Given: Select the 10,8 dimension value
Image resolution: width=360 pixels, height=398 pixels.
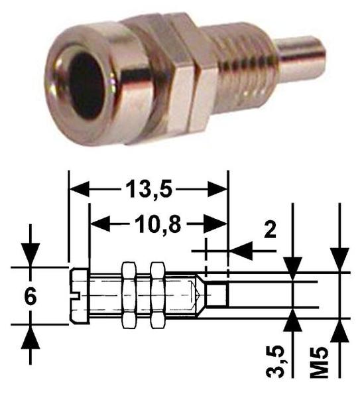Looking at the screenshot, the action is [x=158, y=224].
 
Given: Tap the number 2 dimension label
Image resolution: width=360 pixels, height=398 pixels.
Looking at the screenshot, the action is [x=270, y=229].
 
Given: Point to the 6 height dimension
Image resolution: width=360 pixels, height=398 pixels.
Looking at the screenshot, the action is [x=30, y=297].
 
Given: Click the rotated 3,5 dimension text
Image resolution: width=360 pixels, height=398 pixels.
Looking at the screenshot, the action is [x=275, y=362].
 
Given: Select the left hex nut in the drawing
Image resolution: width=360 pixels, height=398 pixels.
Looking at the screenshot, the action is [x=129, y=295].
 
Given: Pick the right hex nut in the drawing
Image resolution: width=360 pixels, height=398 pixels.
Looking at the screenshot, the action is [x=157, y=295].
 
